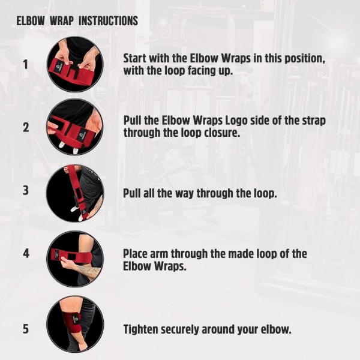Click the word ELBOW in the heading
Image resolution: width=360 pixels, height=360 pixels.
[31, 21]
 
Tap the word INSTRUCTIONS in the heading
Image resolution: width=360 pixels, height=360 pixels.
[109, 21]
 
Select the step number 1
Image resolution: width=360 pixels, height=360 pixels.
[26, 65]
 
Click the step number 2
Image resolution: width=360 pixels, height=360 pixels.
[26, 127]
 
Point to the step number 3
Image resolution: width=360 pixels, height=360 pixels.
[26, 190]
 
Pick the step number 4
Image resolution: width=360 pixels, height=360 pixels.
[26, 253]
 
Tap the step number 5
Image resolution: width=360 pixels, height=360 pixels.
[26, 329]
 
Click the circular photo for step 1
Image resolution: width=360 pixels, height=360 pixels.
[75, 65]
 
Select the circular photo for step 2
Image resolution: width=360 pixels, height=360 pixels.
[75, 127]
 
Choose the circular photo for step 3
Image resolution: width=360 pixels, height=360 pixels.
[75, 193]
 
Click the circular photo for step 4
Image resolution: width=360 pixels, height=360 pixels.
[75, 259]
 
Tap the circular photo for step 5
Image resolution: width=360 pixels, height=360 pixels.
[75, 324]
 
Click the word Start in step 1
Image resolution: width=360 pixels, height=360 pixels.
[135, 58]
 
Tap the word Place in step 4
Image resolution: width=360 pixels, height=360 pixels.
[135, 254]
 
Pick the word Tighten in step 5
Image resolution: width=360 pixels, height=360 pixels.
[140, 329]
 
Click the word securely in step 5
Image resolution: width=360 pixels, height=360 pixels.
[180, 330]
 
